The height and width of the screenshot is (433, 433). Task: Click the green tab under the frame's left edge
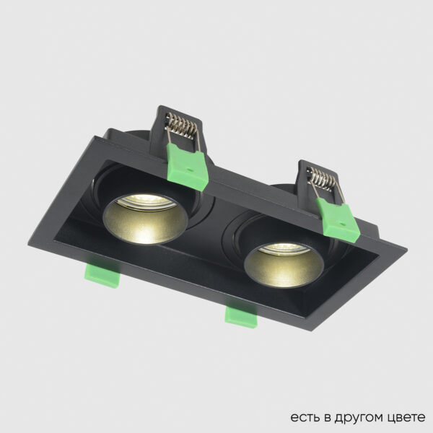(x=100, y=272)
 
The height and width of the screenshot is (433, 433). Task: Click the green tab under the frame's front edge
(x=242, y=315)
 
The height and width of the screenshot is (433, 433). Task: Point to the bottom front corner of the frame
(x=311, y=329)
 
